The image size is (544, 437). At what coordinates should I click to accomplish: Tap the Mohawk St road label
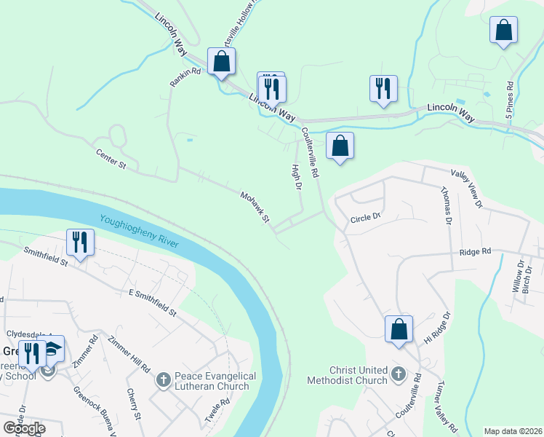(x=255, y=207)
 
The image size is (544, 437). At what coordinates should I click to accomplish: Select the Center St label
(x=111, y=160)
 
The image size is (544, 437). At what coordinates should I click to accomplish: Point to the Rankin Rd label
(x=185, y=76)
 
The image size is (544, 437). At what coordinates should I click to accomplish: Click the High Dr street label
(x=296, y=177)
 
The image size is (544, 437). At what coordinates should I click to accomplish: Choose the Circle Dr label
(x=366, y=217)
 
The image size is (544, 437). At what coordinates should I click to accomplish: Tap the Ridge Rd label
(x=476, y=251)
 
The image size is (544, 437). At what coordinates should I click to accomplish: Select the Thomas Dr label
(x=445, y=206)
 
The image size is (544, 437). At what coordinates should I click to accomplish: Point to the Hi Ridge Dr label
(x=438, y=328)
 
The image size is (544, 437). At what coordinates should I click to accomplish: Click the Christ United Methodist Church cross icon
(x=398, y=374)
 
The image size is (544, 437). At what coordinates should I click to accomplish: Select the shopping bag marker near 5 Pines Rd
(x=503, y=31)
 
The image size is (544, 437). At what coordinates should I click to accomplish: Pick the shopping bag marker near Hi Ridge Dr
(x=399, y=328)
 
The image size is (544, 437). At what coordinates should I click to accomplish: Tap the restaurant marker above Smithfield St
(x=80, y=242)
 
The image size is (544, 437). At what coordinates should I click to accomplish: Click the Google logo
(x=24, y=428)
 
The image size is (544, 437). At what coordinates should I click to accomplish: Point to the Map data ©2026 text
(x=513, y=431)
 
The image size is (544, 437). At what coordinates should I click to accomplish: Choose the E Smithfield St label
(x=152, y=302)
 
